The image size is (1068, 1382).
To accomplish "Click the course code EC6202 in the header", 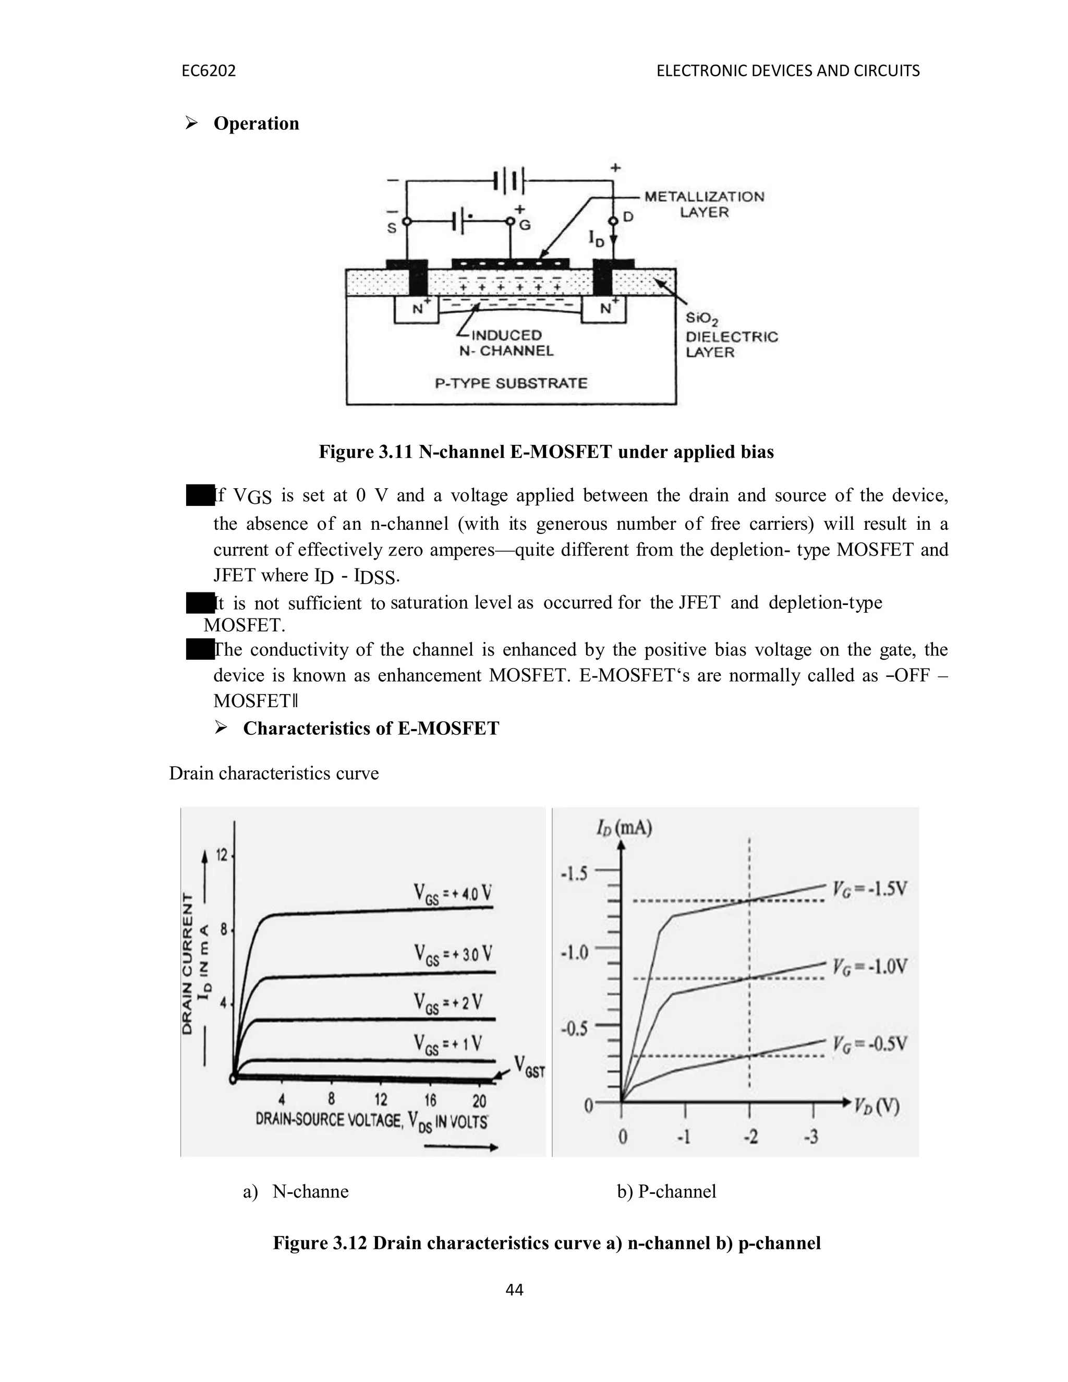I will coord(208,71).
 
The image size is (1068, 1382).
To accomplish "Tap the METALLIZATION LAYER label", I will coord(703,204).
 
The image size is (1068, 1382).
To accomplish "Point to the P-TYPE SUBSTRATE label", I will coord(511,383).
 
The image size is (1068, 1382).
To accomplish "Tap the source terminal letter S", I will coord(392,228).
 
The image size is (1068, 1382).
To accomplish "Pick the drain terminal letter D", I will coord(628,217).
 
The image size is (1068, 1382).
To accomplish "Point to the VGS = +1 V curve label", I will coord(448,1044).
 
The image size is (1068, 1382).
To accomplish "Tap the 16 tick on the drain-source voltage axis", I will coord(430,1099).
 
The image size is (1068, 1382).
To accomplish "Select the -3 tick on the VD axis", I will coord(810,1137).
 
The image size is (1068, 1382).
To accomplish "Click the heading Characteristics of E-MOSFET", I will coord(371,729).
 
